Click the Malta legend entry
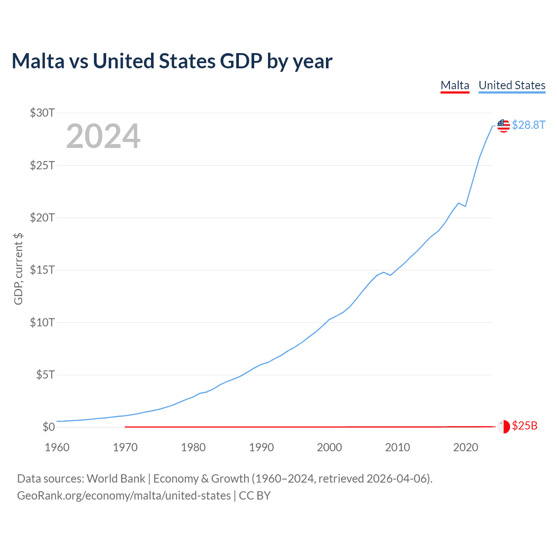tap(455, 85)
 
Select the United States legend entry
tap(512, 85)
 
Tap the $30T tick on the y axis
tap(42, 113)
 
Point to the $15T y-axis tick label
tap(42, 270)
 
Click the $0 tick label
tap(48, 427)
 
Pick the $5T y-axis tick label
tap(45, 375)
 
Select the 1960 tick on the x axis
tap(57, 447)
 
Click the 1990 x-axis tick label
tap(262, 447)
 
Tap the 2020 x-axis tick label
tap(466, 447)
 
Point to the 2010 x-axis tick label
tap(398, 447)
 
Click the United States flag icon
tap(503, 126)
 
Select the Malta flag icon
tap(503, 426)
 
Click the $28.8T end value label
tap(528, 125)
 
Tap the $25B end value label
tap(524, 426)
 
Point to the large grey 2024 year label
tap(103, 137)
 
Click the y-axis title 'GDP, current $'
tap(18, 269)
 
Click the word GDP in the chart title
tap(241, 61)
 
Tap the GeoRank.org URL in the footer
tap(124, 496)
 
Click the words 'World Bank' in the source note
tap(116, 479)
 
